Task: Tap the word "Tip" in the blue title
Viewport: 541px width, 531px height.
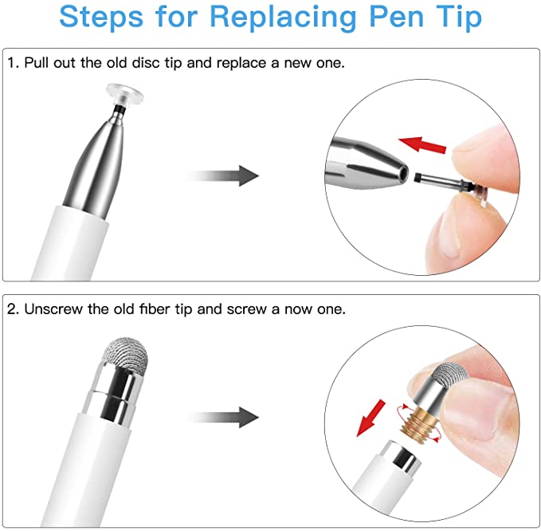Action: pos(457,17)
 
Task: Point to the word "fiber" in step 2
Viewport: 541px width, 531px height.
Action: pos(161,309)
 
